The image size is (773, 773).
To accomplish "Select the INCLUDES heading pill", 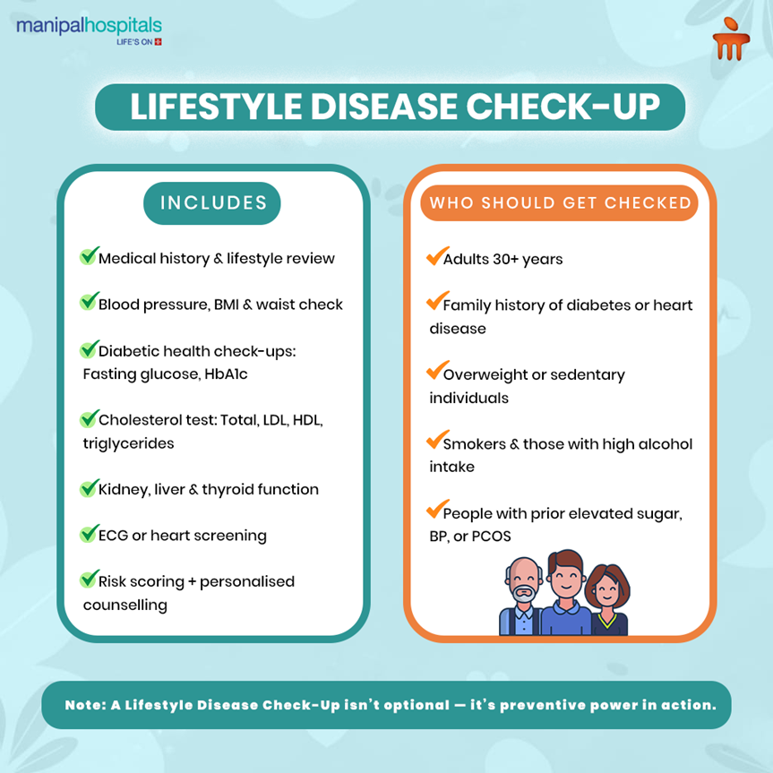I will pos(213,202).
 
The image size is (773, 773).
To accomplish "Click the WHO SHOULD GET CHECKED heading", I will pos(560,202).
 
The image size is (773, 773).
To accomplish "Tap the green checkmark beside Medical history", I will pos(89,256).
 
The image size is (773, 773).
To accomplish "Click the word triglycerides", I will pos(128,443).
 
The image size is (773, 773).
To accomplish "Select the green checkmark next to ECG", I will pos(89,534).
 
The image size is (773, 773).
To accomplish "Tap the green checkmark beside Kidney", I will pos(89,488).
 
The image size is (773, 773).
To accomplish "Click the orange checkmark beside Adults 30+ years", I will pos(435,257).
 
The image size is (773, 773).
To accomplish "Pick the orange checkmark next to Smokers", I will pos(435,442).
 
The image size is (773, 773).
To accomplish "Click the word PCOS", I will pos(511,537).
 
